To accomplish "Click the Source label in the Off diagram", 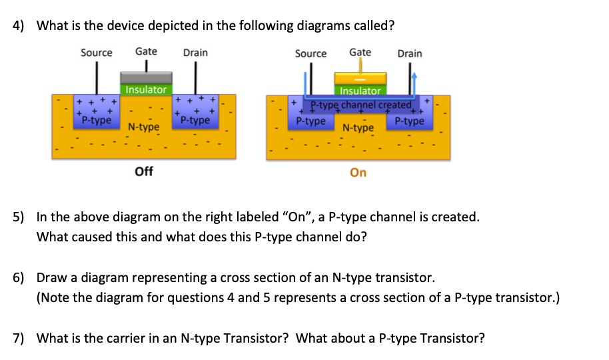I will click(x=97, y=53).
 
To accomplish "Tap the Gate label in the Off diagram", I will click(x=146, y=51).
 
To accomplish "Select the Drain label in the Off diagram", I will click(x=195, y=53).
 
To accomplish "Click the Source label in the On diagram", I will click(x=310, y=53).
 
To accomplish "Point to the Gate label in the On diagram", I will click(x=360, y=52).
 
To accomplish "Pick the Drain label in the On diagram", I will click(x=409, y=53).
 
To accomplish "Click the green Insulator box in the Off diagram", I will click(x=146, y=89).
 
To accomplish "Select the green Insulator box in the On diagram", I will click(x=360, y=91).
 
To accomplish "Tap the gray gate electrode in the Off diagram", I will click(x=146, y=77).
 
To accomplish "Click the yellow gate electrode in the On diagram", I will click(x=360, y=79).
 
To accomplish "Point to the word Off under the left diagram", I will click(x=144, y=171).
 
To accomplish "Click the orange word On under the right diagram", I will click(x=358, y=173).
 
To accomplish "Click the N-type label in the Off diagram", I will click(x=144, y=127).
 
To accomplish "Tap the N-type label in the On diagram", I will click(x=358, y=127).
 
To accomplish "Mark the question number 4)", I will click(x=19, y=26).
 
